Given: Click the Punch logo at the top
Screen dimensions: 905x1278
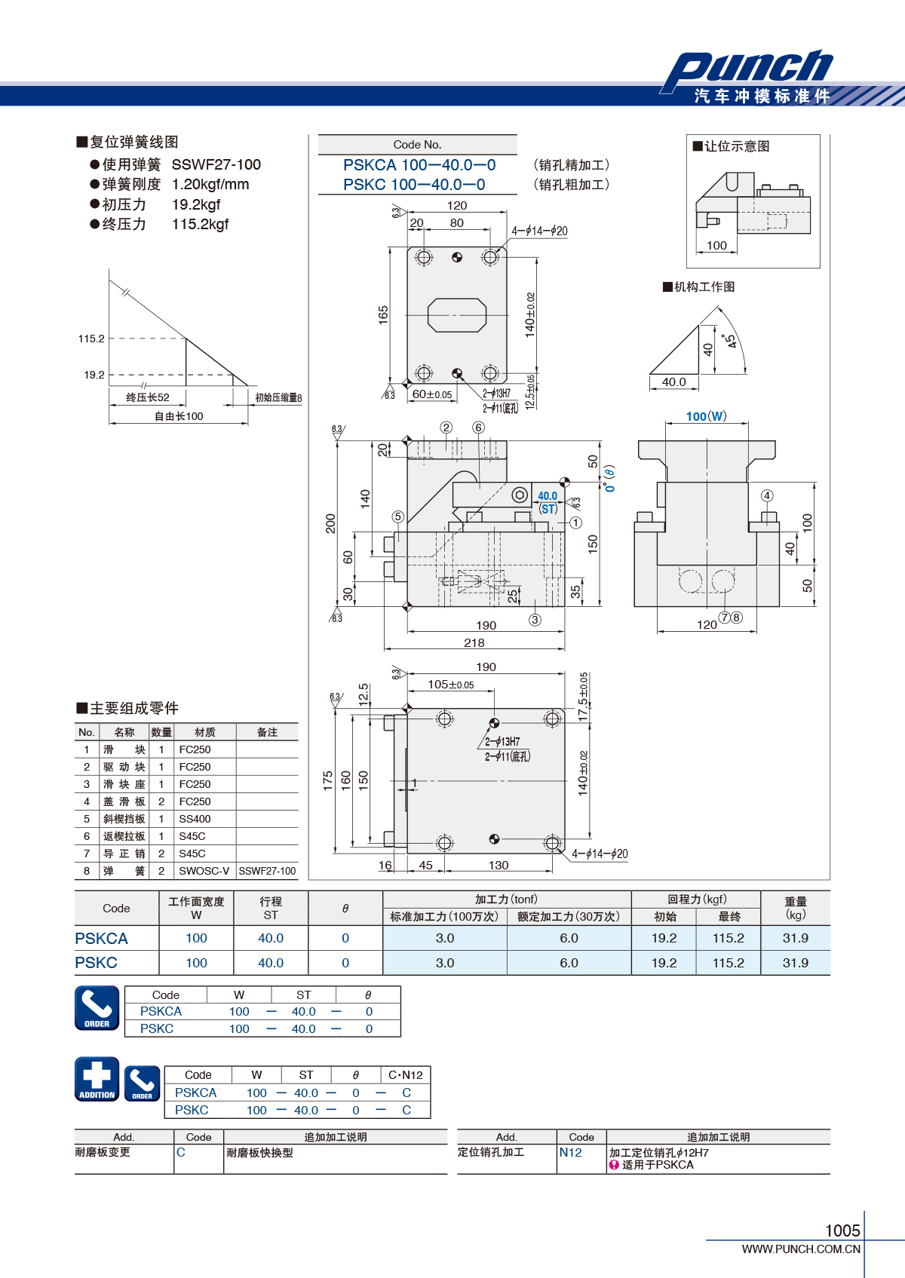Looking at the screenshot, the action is point(747,69).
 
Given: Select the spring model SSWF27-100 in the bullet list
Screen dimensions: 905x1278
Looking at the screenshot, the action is point(216,165).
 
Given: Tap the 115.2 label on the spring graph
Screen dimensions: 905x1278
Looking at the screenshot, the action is point(91,339).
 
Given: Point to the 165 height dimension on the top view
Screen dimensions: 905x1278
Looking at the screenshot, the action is point(383,315).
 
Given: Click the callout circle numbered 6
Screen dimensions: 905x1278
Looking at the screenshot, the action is point(478,428).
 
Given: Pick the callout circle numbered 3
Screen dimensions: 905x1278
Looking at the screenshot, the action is point(535,620).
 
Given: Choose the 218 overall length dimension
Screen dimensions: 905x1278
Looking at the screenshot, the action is point(474,643).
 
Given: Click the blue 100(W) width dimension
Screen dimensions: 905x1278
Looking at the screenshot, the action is point(707,416).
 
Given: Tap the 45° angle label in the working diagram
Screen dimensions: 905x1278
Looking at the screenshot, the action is point(729,342).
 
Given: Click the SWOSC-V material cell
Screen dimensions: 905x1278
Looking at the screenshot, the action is point(204,871).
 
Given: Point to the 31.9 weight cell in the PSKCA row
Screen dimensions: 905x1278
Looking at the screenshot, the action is point(795,938).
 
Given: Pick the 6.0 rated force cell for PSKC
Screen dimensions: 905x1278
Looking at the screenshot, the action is point(569,963).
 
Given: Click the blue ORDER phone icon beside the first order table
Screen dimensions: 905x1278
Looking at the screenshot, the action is point(97,1008).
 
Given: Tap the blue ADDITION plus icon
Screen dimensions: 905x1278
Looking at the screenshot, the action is point(97,1079).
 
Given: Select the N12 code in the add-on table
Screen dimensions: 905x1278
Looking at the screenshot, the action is point(571,1153).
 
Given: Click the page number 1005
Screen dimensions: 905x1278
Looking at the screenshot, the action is point(842,1230).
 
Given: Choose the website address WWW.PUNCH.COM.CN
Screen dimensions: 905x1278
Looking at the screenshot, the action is point(801,1249).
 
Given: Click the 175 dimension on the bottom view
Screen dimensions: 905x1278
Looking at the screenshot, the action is point(327,780).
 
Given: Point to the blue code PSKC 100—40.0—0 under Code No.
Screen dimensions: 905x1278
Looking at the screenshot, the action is point(414,185).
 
